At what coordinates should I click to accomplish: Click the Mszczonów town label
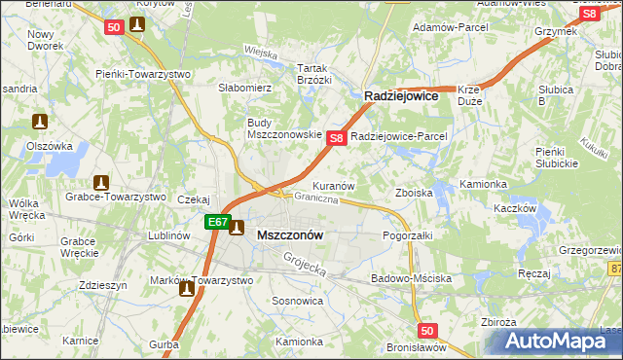click(290, 235)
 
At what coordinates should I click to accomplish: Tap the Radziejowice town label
click(402, 96)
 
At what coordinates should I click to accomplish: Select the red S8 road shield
click(336, 139)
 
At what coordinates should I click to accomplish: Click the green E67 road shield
click(216, 223)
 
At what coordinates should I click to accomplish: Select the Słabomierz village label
click(244, 88)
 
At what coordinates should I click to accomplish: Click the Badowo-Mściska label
click(411, 278)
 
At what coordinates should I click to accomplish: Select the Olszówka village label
click(50, 145)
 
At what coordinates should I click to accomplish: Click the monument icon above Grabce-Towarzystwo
click(100, 182)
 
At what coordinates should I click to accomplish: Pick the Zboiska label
click(413, 193)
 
